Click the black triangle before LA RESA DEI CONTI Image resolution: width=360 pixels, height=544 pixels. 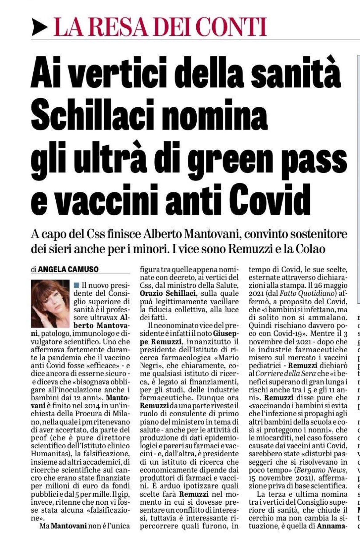click(39, 27)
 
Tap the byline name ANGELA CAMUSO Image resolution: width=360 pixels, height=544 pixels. click(68, 270)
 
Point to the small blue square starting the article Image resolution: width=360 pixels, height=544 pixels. click(76, 285)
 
